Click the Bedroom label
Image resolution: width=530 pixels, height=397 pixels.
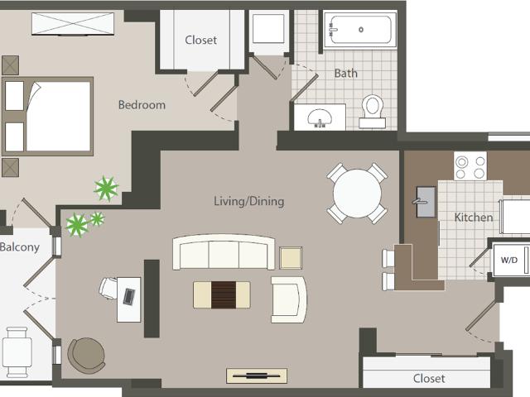click(x=142, y=105)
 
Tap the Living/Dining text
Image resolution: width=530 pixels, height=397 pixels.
click(x=249, y=201)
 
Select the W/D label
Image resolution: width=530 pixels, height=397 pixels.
click(x=509, y=260)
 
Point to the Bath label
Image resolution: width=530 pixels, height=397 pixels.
click(x=346, y=74)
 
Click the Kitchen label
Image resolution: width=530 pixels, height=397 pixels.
click(x=474, y=217)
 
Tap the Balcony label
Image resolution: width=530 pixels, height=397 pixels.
click(x=20, y=247)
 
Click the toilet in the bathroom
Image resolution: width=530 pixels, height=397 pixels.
click(x=372, y=112)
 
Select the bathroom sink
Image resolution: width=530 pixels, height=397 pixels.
click(x=320, y=118)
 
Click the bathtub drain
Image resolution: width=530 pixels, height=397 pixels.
click(x=361, y=30)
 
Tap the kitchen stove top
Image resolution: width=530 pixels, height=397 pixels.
click(x=470, y=165)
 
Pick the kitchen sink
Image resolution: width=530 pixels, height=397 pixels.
click(x=426, y=202)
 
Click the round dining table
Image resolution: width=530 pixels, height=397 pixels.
click(x=357, y=194)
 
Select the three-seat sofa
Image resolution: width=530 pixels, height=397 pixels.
click(x=224, y=252)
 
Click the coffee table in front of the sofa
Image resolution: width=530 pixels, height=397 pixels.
click(x=222, y=295)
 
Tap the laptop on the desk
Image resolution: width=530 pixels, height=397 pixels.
click(x=129, y=296)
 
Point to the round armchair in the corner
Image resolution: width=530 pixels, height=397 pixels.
click(x=86, y=355)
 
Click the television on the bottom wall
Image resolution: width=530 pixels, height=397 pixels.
click(x=257, y=375)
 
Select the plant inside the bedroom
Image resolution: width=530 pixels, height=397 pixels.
click(x=106, y=189)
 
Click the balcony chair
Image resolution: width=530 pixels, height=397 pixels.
click(x=17, y=352)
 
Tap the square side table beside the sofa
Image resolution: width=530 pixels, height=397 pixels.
click(x=291, y=258)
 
